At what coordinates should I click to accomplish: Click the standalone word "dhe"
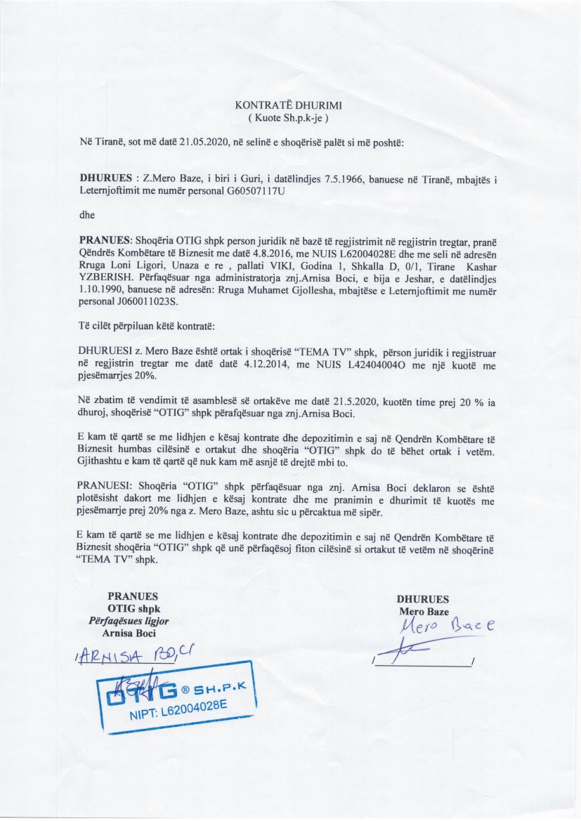click(x=88, y=215)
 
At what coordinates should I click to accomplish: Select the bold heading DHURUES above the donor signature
click(x=423, y=599)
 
